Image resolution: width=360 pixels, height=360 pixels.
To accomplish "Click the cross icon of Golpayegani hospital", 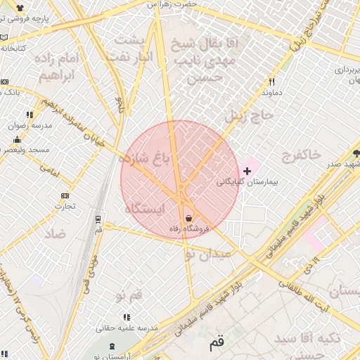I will pos(246,171).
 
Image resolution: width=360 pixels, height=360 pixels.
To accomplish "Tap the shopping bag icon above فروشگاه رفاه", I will pos(188,219).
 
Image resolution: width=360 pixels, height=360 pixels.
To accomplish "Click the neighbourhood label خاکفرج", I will pos(301,153).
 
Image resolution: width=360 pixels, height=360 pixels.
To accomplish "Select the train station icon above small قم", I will pos(98,219).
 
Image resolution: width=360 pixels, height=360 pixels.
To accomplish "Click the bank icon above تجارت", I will pos(65,195).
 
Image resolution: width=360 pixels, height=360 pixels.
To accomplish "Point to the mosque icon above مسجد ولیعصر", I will pos(18,139).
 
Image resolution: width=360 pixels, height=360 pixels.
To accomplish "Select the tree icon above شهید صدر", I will pos(356,153).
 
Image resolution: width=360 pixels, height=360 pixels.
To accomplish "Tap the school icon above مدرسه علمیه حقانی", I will pos(127,317).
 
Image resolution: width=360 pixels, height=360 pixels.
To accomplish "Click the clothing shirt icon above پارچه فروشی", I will pos(18,9).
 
